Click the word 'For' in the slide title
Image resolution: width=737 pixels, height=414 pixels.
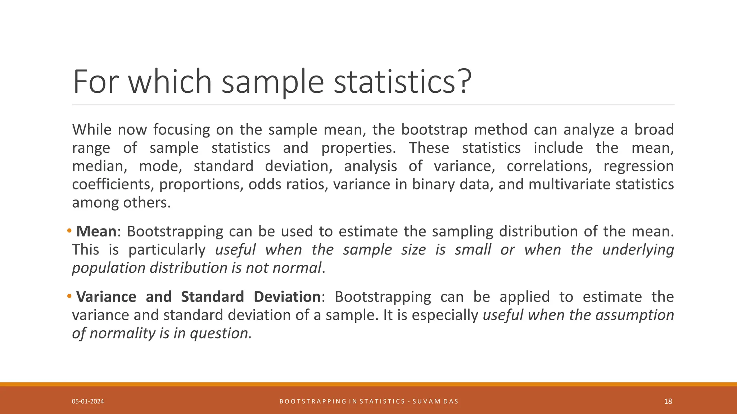coord(96,82)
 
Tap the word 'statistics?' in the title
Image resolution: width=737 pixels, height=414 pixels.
coord(402,82)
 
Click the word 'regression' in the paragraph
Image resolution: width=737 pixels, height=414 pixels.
coord(638,166)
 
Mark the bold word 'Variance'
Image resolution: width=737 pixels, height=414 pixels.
coord(106,297)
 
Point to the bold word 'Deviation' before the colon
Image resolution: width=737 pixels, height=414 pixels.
coord(287,297)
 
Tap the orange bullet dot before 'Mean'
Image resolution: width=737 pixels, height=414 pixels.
coord(69,230)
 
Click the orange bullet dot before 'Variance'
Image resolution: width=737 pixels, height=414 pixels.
coord(69,296)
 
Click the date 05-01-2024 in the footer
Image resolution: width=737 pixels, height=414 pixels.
coord(88,401)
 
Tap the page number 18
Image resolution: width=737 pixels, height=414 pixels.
coord(668,401)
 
